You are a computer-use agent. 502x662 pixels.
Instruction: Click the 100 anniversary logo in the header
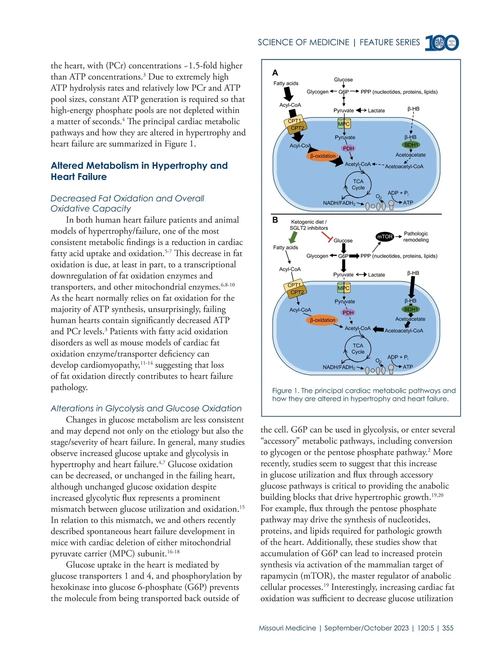pos(442,43)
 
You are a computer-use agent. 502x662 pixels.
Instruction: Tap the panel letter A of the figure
pos(275,73)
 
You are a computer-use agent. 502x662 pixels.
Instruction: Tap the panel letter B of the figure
pos(275,220)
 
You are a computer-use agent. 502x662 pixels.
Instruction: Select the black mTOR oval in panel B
pos(385,237)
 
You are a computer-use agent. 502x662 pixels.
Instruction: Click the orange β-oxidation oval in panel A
pos(323,156)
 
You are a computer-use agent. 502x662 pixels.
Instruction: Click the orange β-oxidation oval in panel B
pos(323,320)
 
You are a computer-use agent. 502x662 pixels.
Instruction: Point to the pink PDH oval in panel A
pos(348,149)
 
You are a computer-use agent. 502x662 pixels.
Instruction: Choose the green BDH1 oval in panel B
pos(411,309)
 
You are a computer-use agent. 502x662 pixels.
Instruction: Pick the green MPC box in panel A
pos(343,124)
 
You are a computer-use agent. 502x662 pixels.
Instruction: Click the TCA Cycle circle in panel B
pos(358,349)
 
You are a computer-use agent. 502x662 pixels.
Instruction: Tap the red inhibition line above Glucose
pos(327,237)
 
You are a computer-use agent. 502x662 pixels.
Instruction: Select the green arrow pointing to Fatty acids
pos(293,237)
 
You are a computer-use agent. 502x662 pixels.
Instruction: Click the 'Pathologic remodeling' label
pos(416,237)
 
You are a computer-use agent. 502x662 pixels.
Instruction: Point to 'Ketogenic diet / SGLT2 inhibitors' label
pos(309,225)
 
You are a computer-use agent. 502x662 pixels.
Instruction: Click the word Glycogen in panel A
pos(318,92)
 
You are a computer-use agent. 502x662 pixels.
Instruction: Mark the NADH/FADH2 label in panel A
pos(339,203)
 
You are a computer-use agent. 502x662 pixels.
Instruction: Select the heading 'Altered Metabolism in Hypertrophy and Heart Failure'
pos(139,171)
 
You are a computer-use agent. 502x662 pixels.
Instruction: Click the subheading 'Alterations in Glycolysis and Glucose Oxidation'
pos(146,408)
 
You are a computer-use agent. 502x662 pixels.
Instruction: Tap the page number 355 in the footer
pos(448,628)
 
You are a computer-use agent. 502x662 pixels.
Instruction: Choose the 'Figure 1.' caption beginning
pos(286,391)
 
